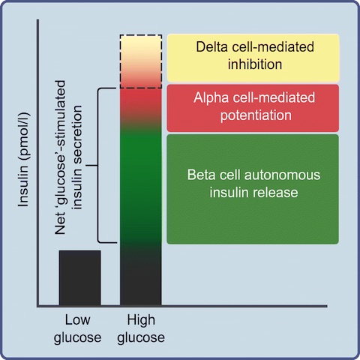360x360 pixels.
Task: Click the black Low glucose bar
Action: coord(80,277)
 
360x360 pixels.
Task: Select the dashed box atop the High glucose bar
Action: coord(141,35)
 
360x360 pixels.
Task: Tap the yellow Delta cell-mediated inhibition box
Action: coord(253,58)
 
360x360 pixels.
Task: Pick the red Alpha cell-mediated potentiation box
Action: coord(253,108)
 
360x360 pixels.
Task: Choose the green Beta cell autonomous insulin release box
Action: coord(253,189)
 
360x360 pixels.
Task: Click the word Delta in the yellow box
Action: coord(212,46)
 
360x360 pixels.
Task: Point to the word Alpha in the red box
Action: coord(211,98)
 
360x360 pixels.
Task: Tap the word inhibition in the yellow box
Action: coord(255,64)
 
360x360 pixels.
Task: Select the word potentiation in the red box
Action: coord(256,115)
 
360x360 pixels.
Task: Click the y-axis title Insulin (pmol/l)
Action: coord(24,160)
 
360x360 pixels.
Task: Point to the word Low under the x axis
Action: coord(77,320)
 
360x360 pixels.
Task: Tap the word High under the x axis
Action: coord(141,320)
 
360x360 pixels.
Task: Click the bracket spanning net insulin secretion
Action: coord(97,165)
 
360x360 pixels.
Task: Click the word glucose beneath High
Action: coord(141,338)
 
